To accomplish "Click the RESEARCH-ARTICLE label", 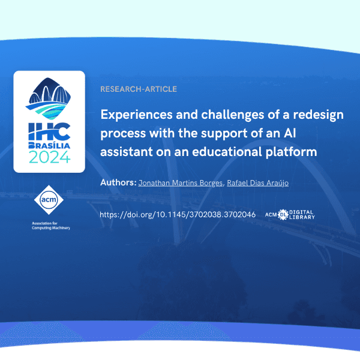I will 139,89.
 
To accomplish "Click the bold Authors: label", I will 118,182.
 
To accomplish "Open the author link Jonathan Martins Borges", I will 181,182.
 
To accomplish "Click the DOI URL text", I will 178,214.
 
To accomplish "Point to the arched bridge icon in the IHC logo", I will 49,92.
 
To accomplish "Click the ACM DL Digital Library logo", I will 289,214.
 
